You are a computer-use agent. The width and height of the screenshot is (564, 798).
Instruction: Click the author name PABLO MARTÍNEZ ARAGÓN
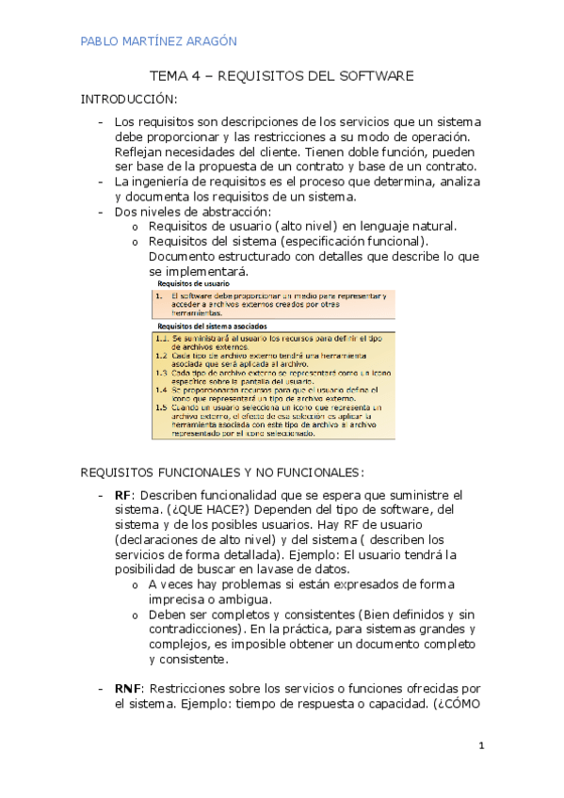tap(158, 41)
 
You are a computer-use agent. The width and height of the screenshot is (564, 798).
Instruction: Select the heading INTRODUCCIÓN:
tap(128, 99)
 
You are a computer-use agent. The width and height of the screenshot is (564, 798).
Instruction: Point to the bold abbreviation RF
tap(122, 495)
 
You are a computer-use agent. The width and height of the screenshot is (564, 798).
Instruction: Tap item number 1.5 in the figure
tap(163, 407)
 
